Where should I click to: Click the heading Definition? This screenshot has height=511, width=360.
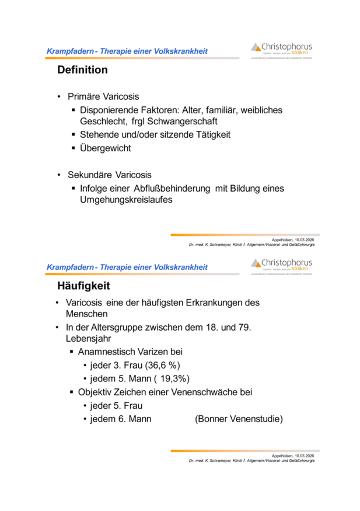tap(82, 70)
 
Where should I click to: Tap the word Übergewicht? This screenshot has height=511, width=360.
tap(106, 148)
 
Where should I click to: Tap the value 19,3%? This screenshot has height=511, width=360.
tap(172, 378)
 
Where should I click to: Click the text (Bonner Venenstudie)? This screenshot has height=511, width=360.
tap(239, 419)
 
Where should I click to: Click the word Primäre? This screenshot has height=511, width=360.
tap(86, 96)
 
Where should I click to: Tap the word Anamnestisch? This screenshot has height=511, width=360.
tap(107, 352)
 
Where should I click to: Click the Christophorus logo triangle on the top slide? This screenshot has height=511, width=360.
tap(256, 47)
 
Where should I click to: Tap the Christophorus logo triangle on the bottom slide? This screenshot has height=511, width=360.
tap(256, 263)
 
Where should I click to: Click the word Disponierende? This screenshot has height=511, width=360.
tap(109, 110)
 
